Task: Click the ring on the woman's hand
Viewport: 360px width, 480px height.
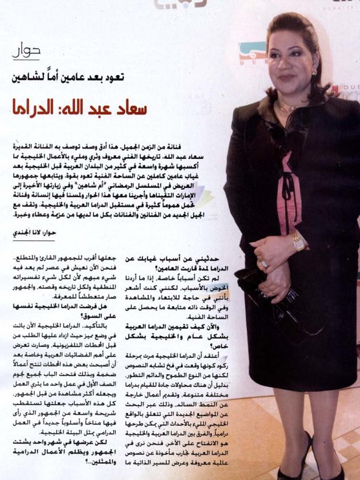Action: pos(263,263)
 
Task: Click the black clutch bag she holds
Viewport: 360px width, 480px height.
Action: pos(280,297)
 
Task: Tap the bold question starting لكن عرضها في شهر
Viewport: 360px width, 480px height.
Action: pos(52,451)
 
